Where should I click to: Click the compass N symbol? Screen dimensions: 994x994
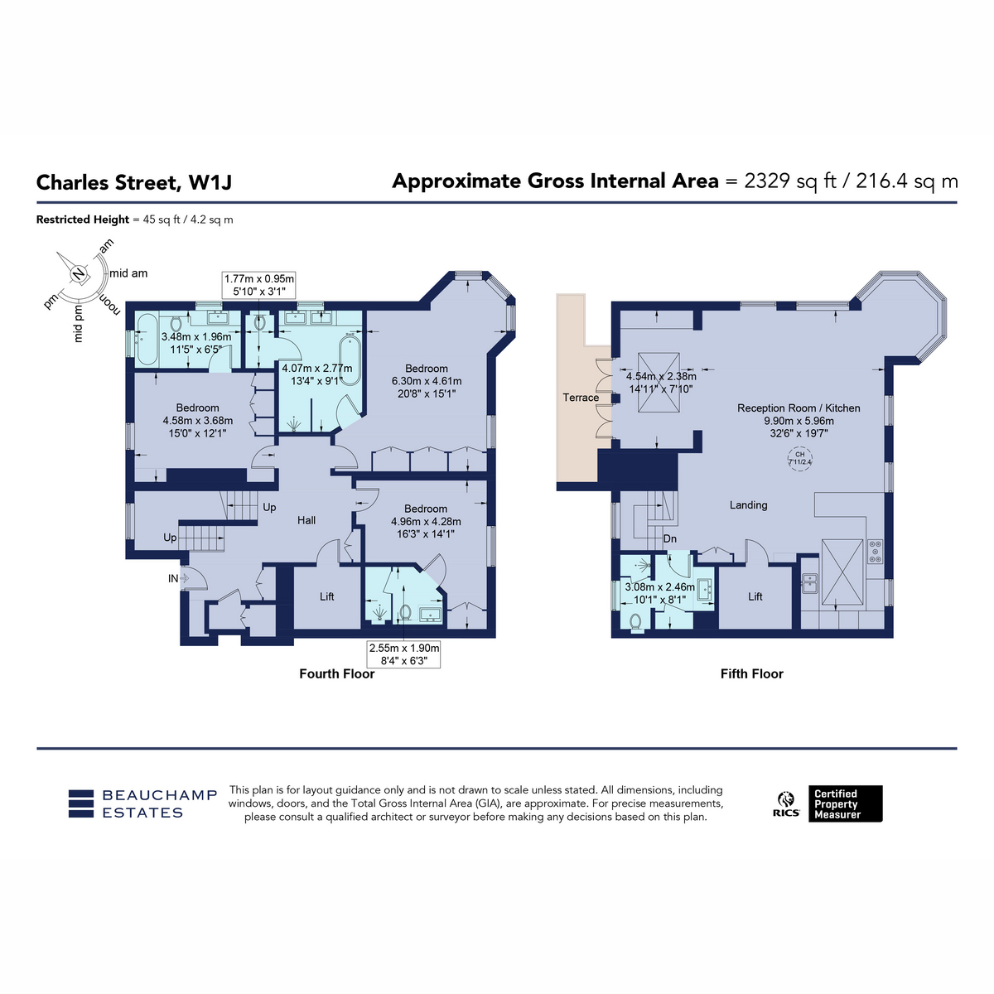[x=79, y=273]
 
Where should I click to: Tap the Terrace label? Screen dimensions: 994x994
[x=581, y=398]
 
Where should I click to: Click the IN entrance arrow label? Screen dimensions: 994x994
[x=173, y=579]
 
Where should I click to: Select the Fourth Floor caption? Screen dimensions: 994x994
[x=337, y=673]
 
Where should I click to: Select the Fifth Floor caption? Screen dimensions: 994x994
[x=751, y=673]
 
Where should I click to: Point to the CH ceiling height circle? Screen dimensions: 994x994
[x=799, y=458]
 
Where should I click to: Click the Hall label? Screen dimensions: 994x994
[x=306, y=520]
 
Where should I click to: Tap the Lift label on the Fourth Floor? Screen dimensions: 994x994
[x=326, y=596]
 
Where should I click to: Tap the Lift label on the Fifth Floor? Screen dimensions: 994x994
[x=755, y=596]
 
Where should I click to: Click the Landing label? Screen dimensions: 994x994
[x=748, y=505]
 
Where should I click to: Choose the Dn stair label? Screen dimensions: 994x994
[x=669, y=539]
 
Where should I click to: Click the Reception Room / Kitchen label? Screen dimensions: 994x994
[x=799, y=408]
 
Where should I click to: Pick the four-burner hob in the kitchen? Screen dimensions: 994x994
[x=875, y=551]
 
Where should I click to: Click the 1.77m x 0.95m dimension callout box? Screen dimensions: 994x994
[x=259, y=285]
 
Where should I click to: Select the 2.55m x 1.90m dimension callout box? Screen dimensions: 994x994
[x=404, y=654]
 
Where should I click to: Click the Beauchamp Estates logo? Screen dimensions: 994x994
[x=142, y=803]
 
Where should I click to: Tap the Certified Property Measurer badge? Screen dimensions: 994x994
[x=845, y=803]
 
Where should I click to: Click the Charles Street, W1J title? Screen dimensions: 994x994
[x=134, y=182]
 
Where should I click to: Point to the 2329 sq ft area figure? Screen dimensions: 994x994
[x=789, y=181]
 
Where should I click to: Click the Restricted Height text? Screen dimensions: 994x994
[x=83, y=220]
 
